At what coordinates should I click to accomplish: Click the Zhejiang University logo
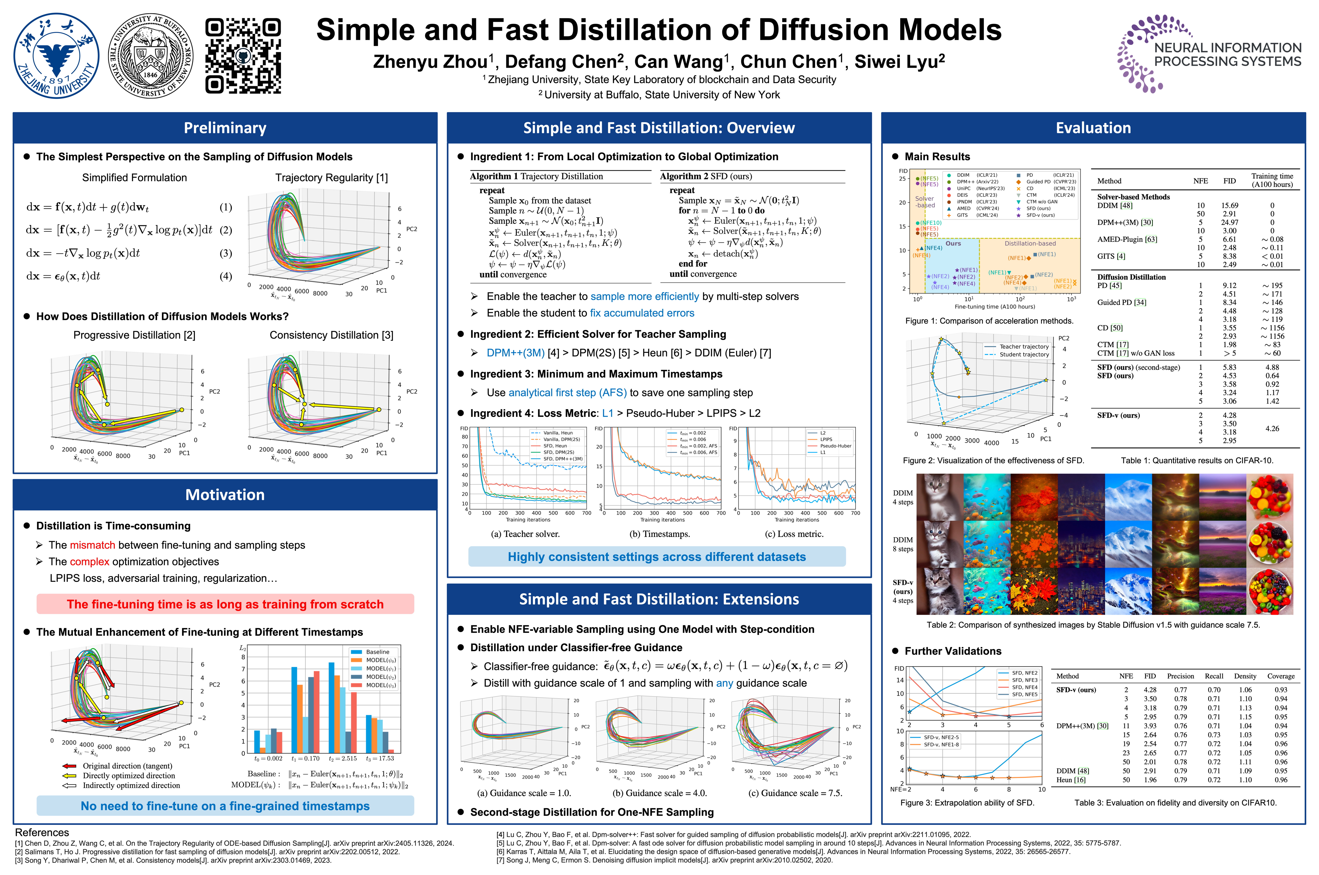[x=57, y=56]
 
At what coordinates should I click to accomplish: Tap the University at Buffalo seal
[x=151, y=56]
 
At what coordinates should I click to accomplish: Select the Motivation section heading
[x=225, y=495]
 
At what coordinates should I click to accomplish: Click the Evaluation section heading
[x=1093, y=128]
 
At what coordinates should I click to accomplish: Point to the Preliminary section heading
[x=225, y=128]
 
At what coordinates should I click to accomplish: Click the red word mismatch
[x=93, y=545]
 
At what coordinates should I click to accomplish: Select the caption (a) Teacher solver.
[x=525, y=534]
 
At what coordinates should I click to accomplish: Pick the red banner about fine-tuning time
[x=225, y=604]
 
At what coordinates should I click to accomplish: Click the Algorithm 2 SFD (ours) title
[x=706, y=176]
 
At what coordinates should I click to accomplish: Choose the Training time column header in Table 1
[x=1272, y=180]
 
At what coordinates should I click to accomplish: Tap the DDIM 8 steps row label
[x=903, y=544]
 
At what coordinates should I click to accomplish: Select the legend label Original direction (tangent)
[x=127, y=766]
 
